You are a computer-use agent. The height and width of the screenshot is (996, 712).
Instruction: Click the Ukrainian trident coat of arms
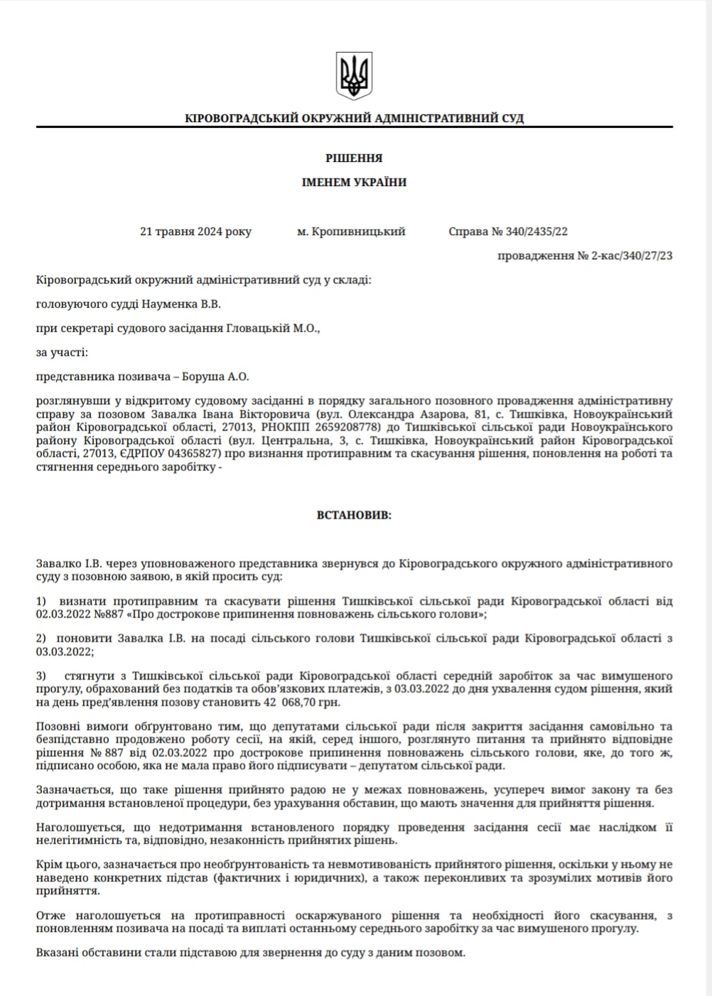[354, 76]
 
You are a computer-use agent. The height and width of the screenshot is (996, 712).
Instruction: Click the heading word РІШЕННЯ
[354, 158]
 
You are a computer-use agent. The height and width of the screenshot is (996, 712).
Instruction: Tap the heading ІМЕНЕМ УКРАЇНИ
[354, 182]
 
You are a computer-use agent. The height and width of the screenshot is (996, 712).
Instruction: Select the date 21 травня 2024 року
[195, 232]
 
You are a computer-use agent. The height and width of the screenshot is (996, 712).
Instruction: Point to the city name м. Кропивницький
[351, 232]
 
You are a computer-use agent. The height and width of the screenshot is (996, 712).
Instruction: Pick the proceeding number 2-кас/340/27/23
[632, 255]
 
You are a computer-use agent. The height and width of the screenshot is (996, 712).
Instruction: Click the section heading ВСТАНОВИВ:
[354, 515]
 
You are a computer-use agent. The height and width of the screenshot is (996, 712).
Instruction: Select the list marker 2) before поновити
[41, 638]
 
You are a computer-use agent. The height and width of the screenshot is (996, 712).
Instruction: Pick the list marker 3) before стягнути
[41, 675]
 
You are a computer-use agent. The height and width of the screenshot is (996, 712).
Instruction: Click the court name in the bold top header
[354, 118]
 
